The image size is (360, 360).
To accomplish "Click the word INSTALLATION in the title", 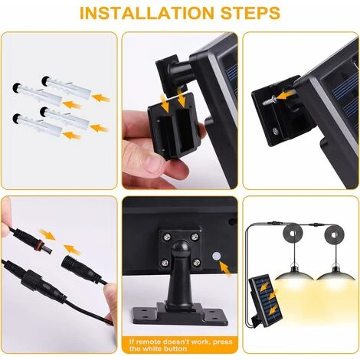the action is pyautogui.click(x=146, y=13).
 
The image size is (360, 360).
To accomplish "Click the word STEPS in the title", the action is pyautogui.click(x=250, y=13).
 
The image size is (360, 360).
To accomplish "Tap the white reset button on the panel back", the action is pyautogui.click(x=216, y=256).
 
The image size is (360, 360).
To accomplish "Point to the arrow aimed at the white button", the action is pyautogui.click(x=224, y=269).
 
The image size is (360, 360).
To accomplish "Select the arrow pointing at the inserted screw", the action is pyautogui.click(x=286, y=95).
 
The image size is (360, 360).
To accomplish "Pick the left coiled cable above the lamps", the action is pyautogui.click(x=293, y=233).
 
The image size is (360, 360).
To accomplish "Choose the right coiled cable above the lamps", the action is pyautogui.click(x=335, y=234).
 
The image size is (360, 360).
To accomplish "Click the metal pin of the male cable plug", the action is pyautogui.click(x=47, y=249).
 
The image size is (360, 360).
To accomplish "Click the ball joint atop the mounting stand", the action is pyautogui.click(x=181, y=250).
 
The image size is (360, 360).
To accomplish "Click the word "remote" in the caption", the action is pyautogui.click(x=148, y=342).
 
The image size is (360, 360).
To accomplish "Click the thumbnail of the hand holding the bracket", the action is pyautogui.click(x=180, y=110).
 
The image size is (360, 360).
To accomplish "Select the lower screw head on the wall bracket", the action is pyautogui.click(x=275, y=132).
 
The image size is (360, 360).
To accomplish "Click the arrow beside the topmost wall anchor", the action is pyautogui.click(x=101, y=98).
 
